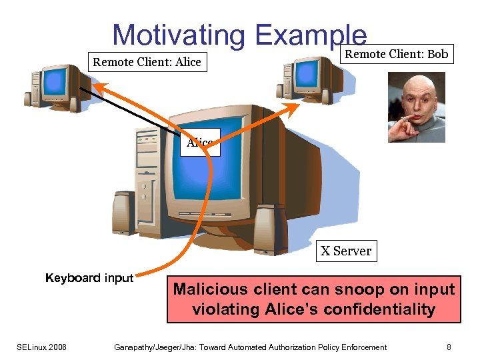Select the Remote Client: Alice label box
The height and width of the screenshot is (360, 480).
click(147, 62)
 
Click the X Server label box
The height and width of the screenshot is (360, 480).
click(345, 251)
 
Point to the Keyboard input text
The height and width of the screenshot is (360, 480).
click(89, 278)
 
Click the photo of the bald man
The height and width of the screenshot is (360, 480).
click(416, 107)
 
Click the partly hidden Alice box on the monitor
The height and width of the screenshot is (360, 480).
click(199, 143)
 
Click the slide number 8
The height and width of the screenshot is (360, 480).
click(449, 347)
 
